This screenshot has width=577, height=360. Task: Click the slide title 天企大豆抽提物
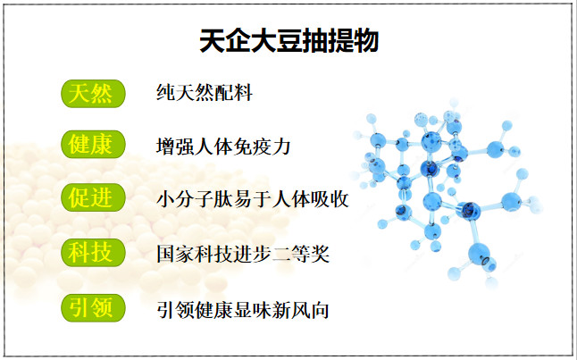pyautogui.click(x=288, y=40)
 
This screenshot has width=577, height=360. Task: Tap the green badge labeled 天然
pyautogui.click(x=93, y=94)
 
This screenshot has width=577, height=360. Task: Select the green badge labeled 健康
pyautogui.click(x=93, y=145)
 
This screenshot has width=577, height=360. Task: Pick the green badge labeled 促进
pyautogui.click(x=93, y=197)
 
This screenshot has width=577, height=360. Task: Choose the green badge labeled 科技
pyautogui.click(x=93, y=253)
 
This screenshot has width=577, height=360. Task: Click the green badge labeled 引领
pyautogui.click(x=93, y=307)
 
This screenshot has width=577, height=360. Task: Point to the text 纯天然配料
pyautogui.click(x=205, y=92)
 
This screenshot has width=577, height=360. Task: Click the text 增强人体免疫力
pyautogui.click(x=223, y=147)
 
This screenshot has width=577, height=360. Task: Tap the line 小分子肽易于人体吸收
pyautogui.click(x=253, y=199)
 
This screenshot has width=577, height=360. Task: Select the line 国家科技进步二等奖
pyautogui.click(x=243, y=254)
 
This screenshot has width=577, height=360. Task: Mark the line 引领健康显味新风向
pyautogui.click(x=243, y=310)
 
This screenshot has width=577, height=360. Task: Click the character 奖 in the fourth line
pyautogui.click(x=320, y=254)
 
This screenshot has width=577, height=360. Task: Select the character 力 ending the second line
pyautogui.click(x=281, y=147)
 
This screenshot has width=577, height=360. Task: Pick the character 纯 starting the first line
pyautogui.click(x=166, y=92)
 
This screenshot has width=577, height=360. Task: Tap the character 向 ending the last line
pyautogui.click(x=320, y=310)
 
